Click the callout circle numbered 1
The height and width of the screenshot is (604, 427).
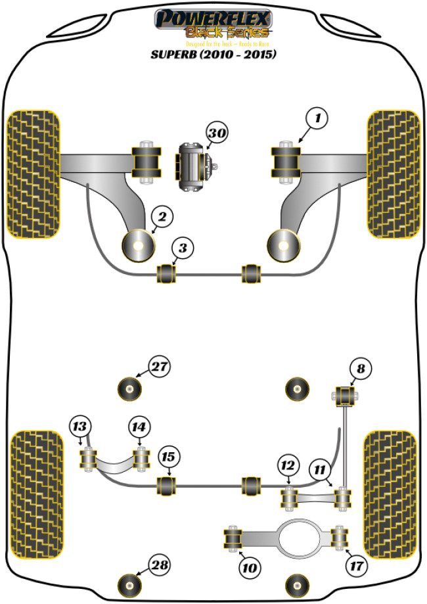pyautogui.click(x=317, y=119)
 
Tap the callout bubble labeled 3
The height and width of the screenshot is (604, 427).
pyautogui.click(x=183, y=248)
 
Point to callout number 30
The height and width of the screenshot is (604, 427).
pyautogui.click(x=217, y=134)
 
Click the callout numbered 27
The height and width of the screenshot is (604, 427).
pyautogui.click(x=159, y=367)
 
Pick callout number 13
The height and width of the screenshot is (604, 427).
pyautogui.click(x=79, y=427)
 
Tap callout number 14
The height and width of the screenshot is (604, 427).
pyautogui.click(x=138, y=427)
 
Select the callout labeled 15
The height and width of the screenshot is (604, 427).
pyautogui.click(x=169, y=457)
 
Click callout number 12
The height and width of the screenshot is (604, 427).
pyautogui.click(x=286, y=466)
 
